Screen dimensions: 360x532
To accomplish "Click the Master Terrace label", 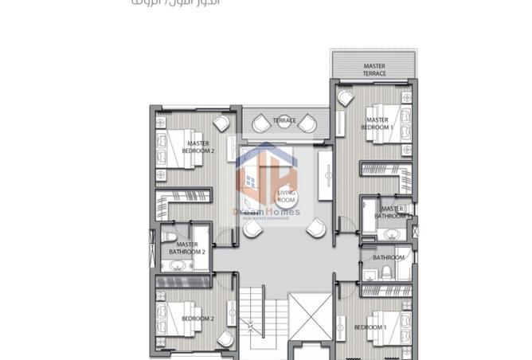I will [374, 70].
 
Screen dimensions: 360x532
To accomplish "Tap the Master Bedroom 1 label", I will [377, 123].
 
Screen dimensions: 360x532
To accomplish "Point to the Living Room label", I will [286, 197].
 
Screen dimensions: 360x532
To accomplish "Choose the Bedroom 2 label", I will [198, 319].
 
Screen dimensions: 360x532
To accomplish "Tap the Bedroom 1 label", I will [370, 327].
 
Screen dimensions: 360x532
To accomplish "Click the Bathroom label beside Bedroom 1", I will [389, 257].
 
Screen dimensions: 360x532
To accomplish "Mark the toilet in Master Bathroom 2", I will [166, 237].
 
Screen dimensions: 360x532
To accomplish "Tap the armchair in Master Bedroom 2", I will [222, 123].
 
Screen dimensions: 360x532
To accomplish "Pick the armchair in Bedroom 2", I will [223, 299].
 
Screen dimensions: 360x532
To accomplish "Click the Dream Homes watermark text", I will [267, 212].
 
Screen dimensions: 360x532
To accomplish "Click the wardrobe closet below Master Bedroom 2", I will [184, 198].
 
